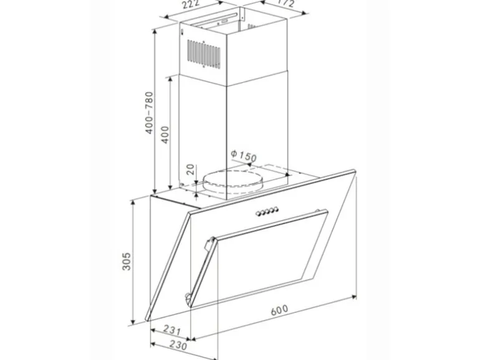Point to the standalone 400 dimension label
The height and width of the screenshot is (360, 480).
click(x=165, y=133)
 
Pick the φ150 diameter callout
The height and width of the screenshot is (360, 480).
click(x=243, y=156)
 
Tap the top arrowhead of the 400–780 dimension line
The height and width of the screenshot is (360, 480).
click(x=154, y=30)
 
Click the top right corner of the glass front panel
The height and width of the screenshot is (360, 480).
click(x=355, y=168)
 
